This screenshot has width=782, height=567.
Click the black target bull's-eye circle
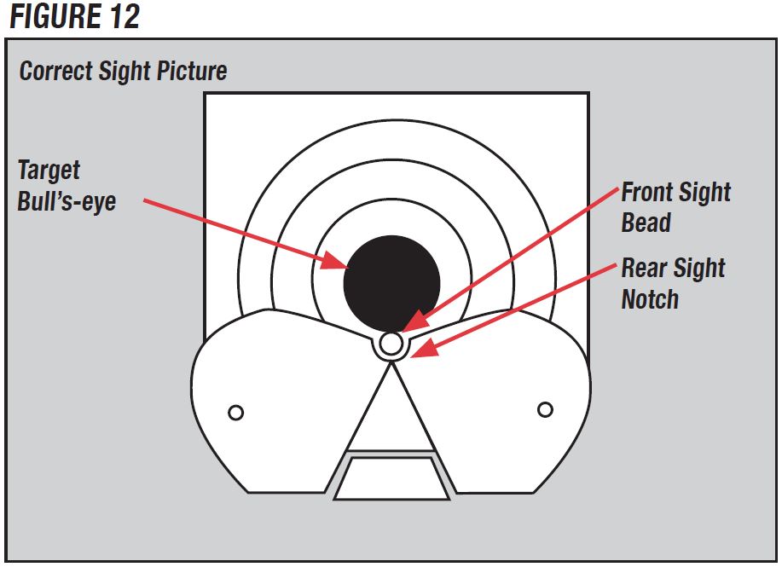point(392,284)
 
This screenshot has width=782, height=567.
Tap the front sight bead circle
point(391,343)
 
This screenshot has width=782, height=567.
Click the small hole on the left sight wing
point(236,413)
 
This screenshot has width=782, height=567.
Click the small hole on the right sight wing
point(545,410)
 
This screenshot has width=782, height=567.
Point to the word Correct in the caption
point(56,70)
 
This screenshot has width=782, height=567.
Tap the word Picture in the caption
point(192,70)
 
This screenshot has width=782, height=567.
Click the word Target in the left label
point(49,171)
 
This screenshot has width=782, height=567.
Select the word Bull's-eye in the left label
point(67,201)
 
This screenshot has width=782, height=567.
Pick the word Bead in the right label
point(646,223)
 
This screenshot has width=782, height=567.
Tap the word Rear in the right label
point(643,268)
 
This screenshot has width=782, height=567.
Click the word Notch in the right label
point(650,299)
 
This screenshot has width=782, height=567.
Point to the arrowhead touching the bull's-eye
point(334,261)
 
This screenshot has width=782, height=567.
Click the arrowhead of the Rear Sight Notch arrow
point(425,347)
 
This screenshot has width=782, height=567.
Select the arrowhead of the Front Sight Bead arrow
point(415,321)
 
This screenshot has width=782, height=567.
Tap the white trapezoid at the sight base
point(391,478)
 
